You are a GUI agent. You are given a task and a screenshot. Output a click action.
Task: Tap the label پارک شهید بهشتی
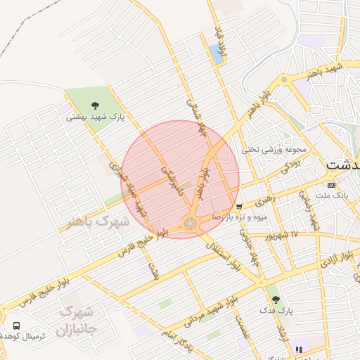95,117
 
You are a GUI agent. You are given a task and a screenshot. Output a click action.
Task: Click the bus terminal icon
16,326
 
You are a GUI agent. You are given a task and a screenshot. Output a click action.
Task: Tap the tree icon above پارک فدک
275,299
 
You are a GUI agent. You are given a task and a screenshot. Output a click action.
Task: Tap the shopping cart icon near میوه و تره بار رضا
240,207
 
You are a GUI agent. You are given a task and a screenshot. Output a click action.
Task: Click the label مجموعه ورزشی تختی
275,149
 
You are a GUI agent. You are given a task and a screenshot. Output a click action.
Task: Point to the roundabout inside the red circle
190,224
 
